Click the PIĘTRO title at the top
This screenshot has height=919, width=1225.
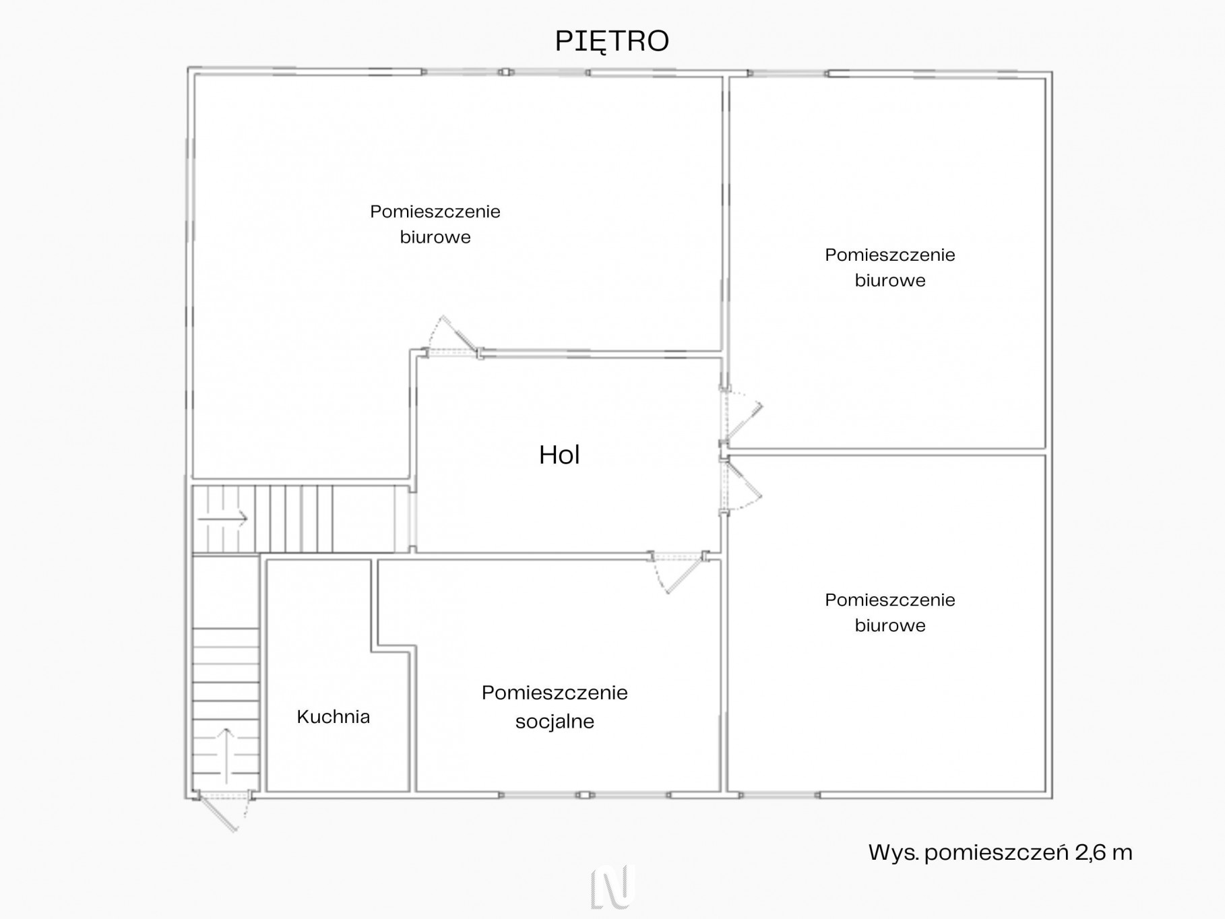click(x=612, y=42)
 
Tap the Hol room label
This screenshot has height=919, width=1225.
click(x=559, y=455)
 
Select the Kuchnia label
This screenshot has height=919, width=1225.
click(x=334, y=716)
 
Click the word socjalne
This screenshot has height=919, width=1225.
click(x=555, y=722)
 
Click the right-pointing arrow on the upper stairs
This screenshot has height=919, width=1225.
click(x=222, y=519)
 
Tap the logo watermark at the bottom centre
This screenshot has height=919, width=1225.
click(x=612, y=886)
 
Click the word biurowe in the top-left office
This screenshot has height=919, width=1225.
click(x=435, y=237)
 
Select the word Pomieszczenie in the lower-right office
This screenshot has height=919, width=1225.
click(x=890, y=600)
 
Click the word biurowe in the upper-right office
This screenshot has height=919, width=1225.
click(x=890, y=280)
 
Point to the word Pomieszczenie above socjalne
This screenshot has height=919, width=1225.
click(x=555, y=693)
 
